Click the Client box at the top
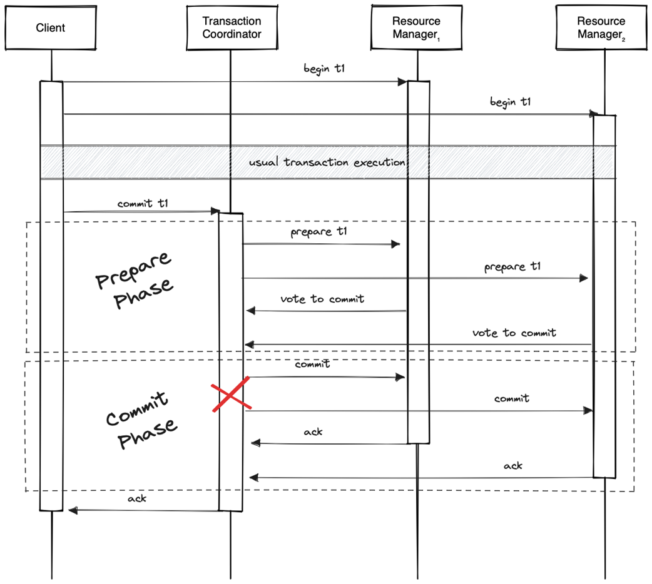pos(51,28)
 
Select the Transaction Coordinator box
pos(232,28)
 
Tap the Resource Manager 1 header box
pos(417,28)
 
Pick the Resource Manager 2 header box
pos(601,28)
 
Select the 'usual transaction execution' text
pos(327,162)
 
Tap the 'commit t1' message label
pos(142,204)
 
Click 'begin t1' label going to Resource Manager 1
pos(324,69)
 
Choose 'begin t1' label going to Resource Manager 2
pos(510,102)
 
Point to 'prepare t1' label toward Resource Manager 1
pos(318,233)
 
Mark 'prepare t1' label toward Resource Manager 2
pos(512,267)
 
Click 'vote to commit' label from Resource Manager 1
pos(322,299)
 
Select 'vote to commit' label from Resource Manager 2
pos(514,333)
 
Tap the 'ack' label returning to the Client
pos(137,498)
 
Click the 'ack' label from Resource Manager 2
pos(513,465)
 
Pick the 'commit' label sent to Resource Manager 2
pos(511,398)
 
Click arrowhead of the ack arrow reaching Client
pos(72,511)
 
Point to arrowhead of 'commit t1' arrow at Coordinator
pos(216,212)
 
